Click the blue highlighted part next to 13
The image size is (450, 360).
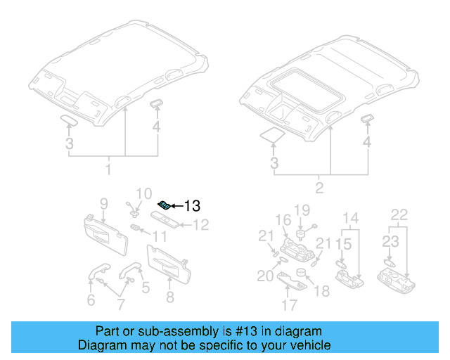[163, 205]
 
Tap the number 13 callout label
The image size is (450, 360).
[192, 206]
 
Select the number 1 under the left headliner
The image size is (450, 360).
[108, 170]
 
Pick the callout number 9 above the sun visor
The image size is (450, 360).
[103, 204]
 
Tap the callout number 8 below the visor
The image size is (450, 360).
[169, 297]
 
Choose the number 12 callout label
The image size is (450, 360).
[201, 225]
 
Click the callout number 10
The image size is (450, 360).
[143, 193]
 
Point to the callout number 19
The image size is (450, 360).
[302, 210]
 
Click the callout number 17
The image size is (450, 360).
[289, 305]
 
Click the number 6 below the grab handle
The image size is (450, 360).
[91, 300]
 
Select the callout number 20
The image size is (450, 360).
[265, 276]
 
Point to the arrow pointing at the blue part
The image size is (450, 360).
[176, 206]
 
